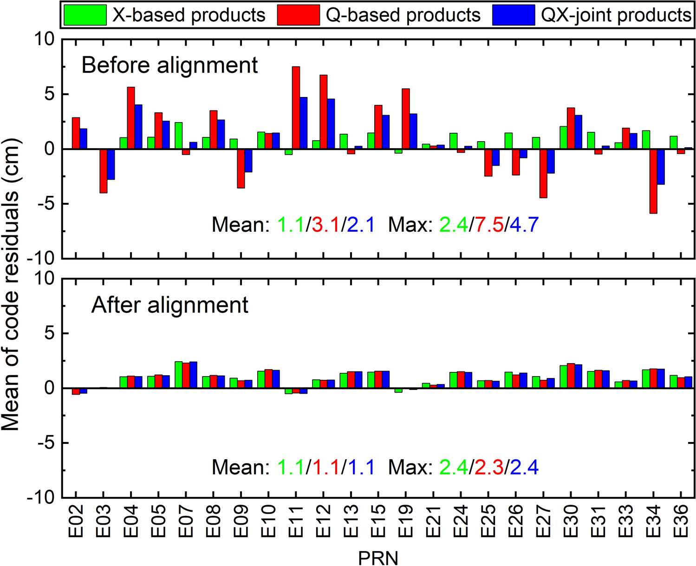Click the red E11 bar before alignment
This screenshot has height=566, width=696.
pos(296,108)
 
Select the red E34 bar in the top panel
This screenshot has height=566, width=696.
pos(653,181)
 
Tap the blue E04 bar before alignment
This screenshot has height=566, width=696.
pos(138,127)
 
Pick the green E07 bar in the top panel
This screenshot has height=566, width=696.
pos(178,136)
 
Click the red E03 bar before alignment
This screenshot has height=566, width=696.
pos(103,171)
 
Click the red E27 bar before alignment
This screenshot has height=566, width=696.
pos(543,173)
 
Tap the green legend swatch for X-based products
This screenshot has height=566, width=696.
pos(85,15)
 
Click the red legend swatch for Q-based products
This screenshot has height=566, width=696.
pos(299,15)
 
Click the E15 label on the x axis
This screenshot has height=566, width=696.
pos(379,520)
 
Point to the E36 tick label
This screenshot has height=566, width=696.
pos(681,520)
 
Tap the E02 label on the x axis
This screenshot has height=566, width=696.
pos(76,520)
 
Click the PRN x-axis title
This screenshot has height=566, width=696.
pos(378,558)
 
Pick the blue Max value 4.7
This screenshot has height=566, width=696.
pos(524,225)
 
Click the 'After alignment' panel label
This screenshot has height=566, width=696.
pos(170,305)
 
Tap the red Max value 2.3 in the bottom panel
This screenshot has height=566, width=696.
pos(489,467)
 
